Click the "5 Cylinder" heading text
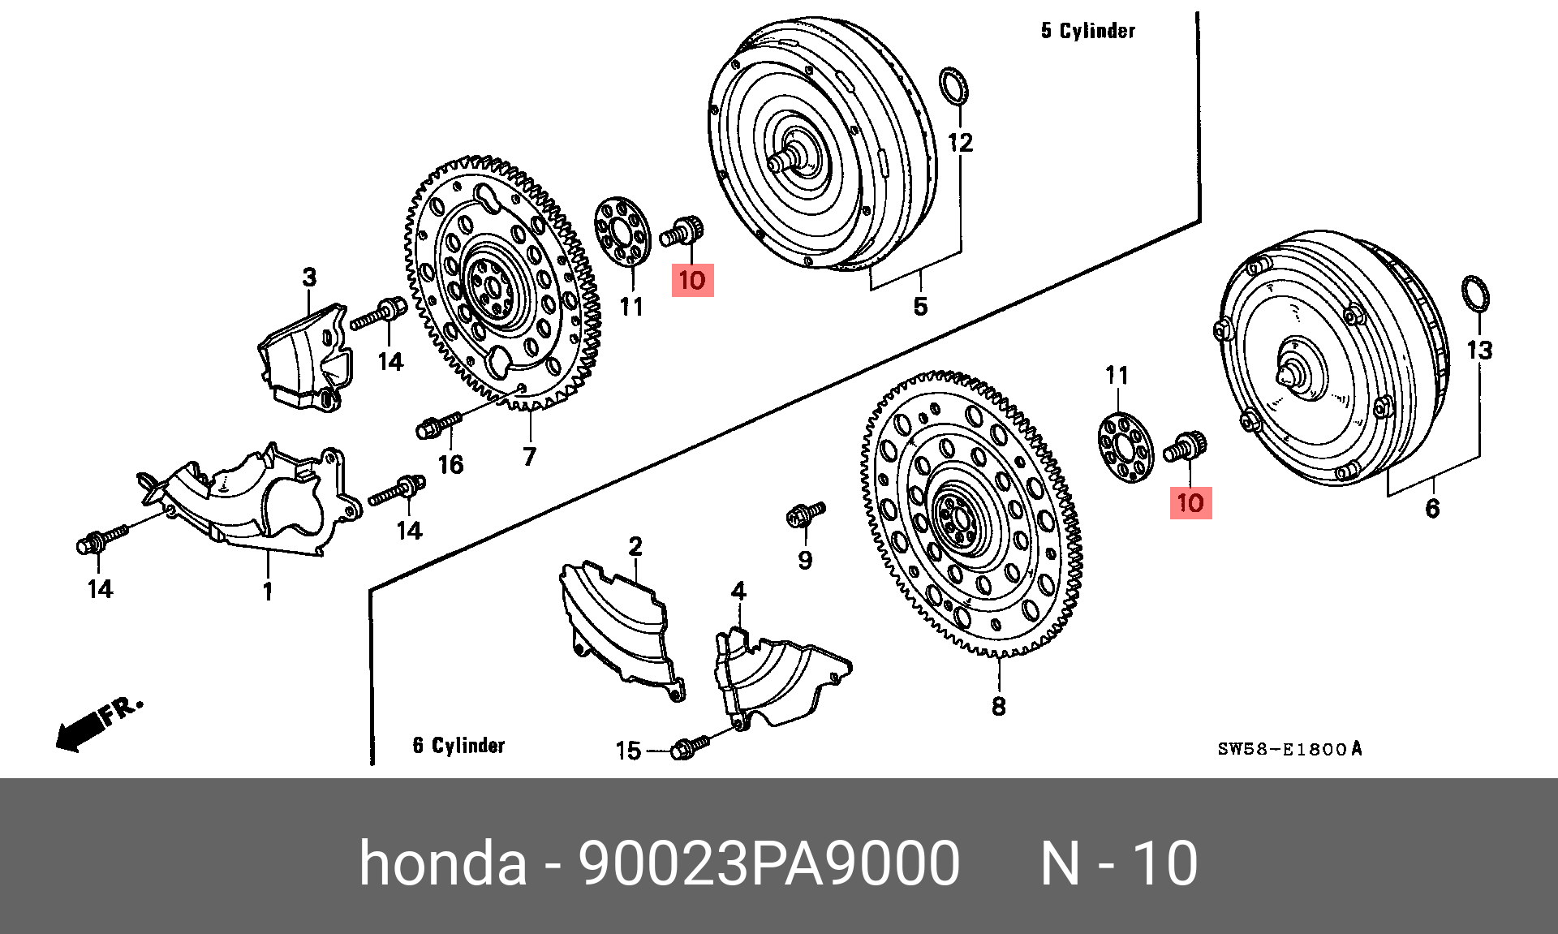click(x=1088, y=32)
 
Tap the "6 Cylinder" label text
click(x=458, y=745)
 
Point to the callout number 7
click(x=529, y=457)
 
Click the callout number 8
click(x=998, y=706)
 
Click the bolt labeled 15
click(x=691, y=745)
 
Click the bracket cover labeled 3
click(x=304, y=355)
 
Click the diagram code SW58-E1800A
click(x=1289, y=749)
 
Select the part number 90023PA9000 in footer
click(x=768, y=863)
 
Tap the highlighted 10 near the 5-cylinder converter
click(x=692, y=281)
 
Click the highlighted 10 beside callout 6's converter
click(x=1190, y=503)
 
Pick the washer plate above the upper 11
click(x=624, y=230)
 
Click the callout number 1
click(x=268, y=592)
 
